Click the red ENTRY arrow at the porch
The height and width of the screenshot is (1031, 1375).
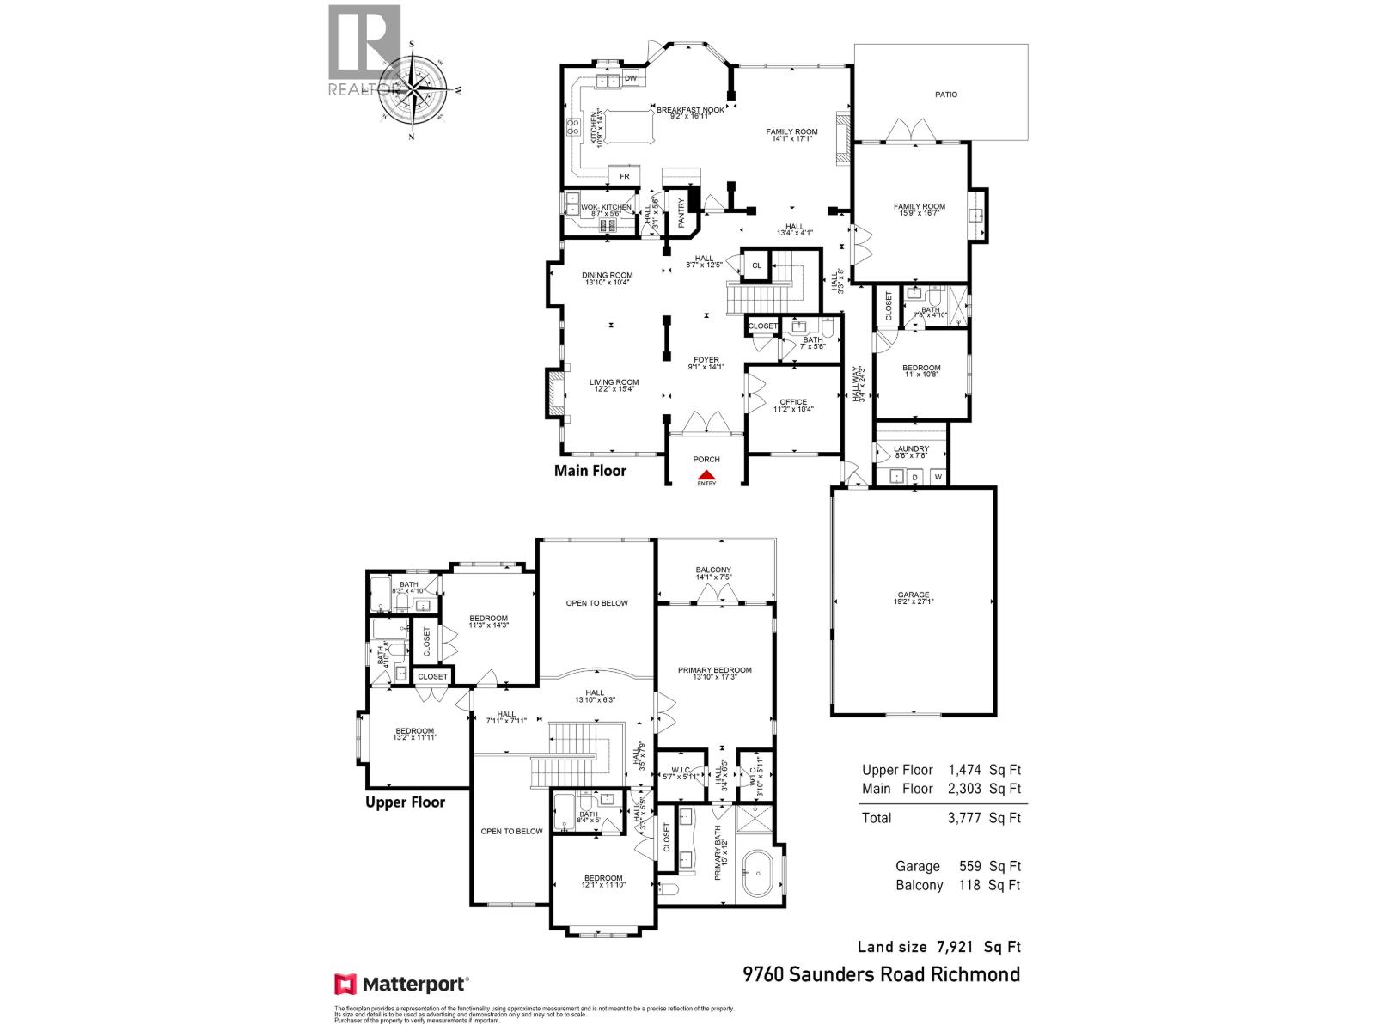706,473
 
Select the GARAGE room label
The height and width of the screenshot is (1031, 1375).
914,595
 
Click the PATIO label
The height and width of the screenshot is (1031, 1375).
946,95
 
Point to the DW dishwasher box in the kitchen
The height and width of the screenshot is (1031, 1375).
631,79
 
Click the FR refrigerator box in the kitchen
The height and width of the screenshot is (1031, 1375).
625,176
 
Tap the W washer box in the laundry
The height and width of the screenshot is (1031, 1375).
938,476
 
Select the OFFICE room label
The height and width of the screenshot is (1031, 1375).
793,402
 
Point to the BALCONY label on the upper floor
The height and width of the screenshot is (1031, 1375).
713,570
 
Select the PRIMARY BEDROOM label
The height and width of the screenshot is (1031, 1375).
714,670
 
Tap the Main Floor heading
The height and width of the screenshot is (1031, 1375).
590,471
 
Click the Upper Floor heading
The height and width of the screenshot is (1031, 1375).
405,802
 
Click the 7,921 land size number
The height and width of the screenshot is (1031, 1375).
954,947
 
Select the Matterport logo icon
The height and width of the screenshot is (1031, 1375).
345,984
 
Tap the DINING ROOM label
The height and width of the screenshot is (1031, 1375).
608,275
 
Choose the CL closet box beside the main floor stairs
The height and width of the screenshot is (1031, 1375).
756,266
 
